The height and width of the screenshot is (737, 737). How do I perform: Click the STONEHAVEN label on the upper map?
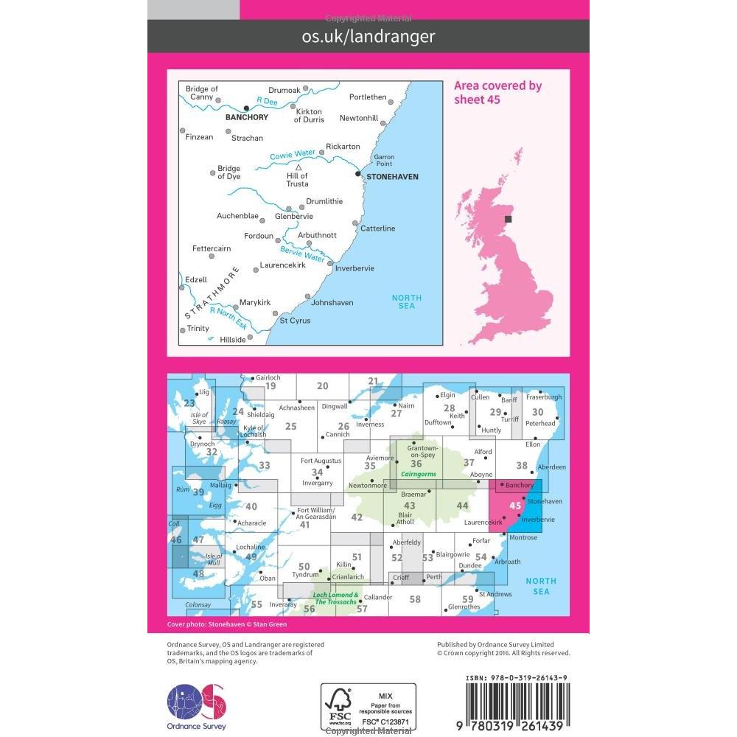click(391, 177)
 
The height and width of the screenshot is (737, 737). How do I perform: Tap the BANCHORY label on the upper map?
click(248, 116)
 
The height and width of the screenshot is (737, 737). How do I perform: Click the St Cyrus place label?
click(295, 321)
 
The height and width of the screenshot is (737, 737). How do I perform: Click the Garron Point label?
click(384, 161)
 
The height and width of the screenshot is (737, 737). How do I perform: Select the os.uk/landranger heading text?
click(368, 36)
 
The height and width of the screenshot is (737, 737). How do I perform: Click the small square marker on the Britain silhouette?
click(509, 218)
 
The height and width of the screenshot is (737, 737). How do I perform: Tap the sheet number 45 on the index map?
click(515, 506)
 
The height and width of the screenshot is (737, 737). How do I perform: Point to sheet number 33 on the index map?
click(265, 465)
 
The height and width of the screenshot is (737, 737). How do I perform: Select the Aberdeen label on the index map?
click(552, 467)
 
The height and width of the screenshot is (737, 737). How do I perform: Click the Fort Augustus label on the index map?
click(321, 461)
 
